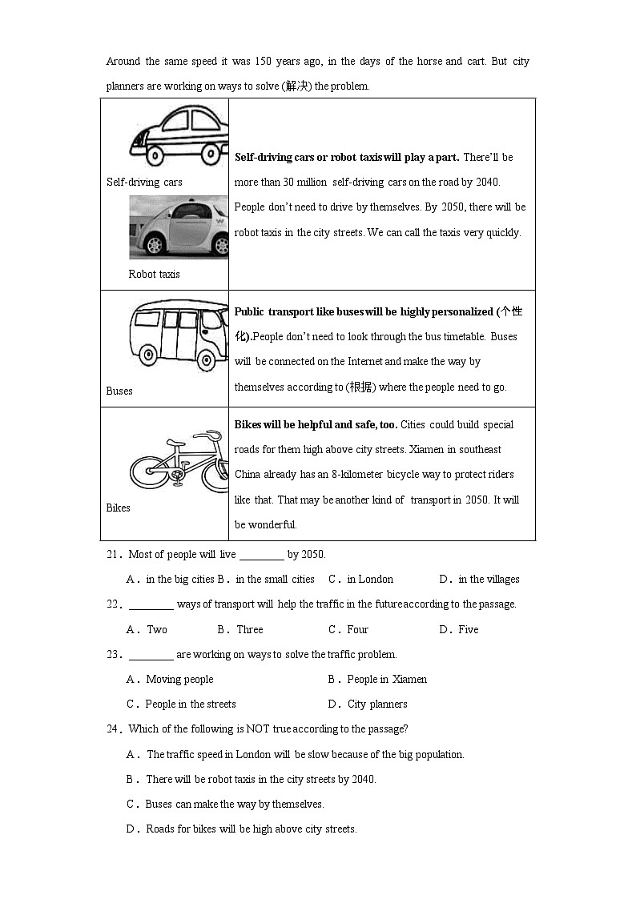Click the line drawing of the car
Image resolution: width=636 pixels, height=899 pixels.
coord(179,134)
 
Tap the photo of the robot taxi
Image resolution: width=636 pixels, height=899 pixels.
coord(179,227)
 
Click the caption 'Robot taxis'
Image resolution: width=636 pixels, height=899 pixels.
coord(154,274)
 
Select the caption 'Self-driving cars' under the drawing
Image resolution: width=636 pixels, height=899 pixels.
coord(144,182)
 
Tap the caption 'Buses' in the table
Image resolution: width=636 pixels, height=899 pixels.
coord(119,391)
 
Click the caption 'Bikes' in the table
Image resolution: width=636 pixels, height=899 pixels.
coord(118,508)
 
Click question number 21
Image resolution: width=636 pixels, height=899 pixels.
coord(113,554)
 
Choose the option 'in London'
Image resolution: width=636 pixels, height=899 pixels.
coord(370,579)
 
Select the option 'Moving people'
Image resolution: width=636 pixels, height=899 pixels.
coord(179,679)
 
